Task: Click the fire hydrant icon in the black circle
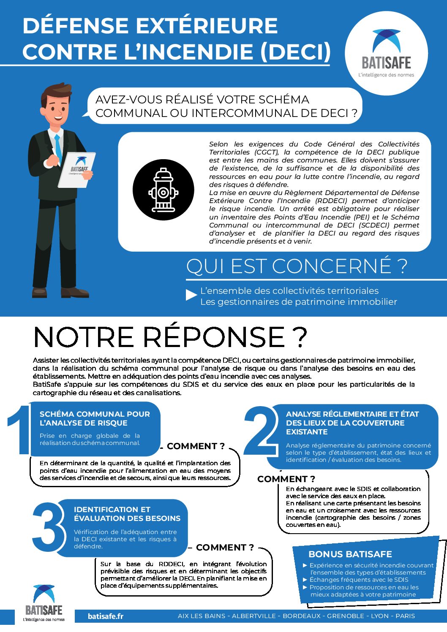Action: (163, 190)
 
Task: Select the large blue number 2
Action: (261, 431)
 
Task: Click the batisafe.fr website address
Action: (106, 616)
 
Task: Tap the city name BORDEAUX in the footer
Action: (302, 616)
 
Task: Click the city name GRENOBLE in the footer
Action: (346, 616)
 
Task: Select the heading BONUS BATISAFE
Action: (350, 554)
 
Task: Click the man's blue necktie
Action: (58, 148)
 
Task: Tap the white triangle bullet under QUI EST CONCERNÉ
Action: (191, 295)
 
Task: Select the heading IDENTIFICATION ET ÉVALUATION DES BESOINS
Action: (127, 514)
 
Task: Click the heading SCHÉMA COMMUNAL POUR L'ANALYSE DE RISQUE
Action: (95, 418)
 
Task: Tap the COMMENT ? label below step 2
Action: (286, 479)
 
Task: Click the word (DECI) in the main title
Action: (295, 52)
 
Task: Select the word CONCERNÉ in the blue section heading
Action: (331, 266)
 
